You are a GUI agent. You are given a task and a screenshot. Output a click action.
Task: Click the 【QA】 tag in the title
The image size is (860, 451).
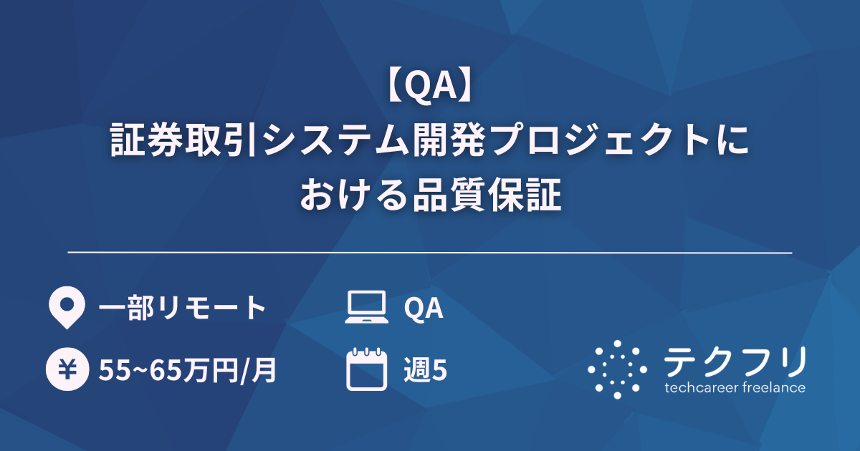429,88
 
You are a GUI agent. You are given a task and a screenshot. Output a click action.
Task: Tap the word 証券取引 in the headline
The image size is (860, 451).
186,140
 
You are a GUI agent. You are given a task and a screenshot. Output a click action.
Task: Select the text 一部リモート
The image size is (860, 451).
182,309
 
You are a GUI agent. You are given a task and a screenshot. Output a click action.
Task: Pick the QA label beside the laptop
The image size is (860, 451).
424,309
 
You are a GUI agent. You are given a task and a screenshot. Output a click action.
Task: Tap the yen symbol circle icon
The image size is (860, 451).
66,371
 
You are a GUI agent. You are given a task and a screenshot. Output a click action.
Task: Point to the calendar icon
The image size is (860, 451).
366,369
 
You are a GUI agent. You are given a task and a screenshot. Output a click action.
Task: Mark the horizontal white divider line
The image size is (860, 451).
430,253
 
